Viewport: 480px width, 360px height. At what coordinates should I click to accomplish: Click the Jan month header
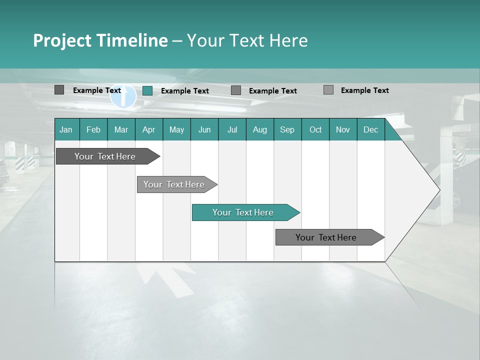coord(66,129)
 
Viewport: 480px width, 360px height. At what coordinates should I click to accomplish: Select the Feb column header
coord(93,129)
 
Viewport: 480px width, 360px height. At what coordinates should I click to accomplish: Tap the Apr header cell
coord(148,129)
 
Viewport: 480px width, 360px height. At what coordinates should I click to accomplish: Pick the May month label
coord(176,129)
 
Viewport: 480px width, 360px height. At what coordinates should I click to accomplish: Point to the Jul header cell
coord(232,129)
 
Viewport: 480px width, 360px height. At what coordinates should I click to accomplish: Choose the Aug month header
coord(259,129)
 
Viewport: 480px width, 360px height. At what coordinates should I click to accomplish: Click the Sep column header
coord(287,129)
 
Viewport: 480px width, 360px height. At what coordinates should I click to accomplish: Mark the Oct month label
coord(315,129)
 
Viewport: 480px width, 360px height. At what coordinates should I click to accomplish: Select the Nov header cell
coord(343,129)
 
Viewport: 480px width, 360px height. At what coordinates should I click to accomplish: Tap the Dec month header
coord(370,129)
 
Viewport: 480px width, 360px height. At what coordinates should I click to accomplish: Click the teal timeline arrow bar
coord(245,212)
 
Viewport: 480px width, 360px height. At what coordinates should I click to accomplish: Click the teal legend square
coord(147,90)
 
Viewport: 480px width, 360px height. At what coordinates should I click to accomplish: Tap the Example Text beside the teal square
coord(184,91)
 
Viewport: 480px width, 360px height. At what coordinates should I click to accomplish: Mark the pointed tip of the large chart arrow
coord(439,190)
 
